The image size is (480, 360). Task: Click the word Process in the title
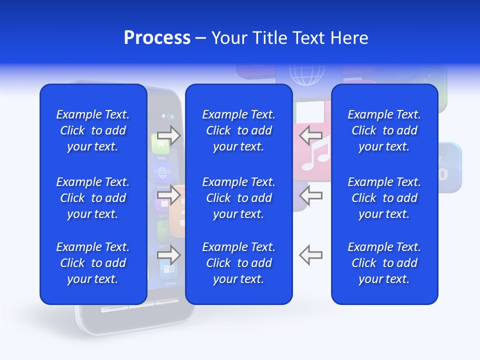point(157,38)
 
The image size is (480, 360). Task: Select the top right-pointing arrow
point(168,135)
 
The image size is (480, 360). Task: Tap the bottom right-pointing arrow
point(168,254)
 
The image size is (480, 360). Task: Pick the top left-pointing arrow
point(310,135)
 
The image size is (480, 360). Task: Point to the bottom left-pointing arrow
point(310,254)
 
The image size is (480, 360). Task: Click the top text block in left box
point(93,130)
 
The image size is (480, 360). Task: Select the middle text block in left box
point(93,198)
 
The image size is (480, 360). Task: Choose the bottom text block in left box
point(93,263)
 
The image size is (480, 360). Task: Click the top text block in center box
point(238,130)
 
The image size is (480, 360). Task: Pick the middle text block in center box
point(238,198)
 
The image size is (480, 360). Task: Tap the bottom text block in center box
point(238,263)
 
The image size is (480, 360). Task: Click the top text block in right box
point(384,130)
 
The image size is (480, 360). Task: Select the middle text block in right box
point(384,198)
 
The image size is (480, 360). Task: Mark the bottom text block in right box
point(384,263)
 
